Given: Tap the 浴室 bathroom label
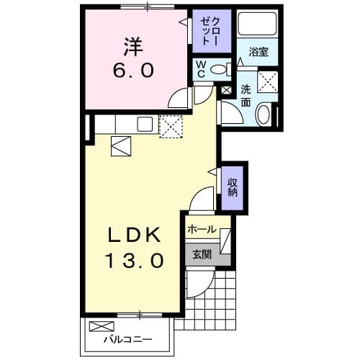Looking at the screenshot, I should [x=258, y=53].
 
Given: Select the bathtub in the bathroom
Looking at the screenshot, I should [x=258, y=26].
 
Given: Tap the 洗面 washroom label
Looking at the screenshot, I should [x=246, y=96].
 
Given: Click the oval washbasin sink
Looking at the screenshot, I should [x=263, y=113].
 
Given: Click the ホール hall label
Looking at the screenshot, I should [x=202, y=230].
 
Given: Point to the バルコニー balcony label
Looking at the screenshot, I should [x=126, y=339].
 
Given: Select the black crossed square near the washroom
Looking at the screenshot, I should [x=226, y=91].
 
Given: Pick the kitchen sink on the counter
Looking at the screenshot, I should [x=144, y=124].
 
